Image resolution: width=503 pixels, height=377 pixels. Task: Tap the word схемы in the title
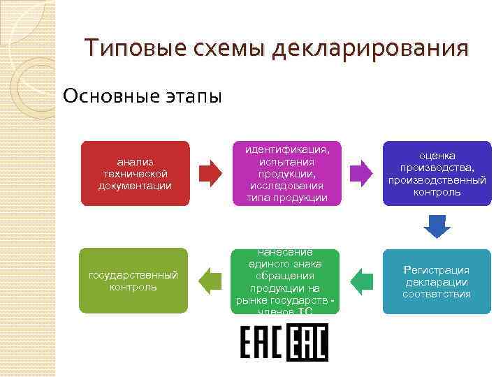226,49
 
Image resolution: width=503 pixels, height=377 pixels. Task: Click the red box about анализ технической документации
135,173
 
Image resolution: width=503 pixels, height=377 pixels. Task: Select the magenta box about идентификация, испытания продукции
286,174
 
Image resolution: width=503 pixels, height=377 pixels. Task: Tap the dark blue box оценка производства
437,173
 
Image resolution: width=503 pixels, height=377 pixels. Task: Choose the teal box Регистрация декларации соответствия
437,281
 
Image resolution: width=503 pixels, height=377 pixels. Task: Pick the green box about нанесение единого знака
286,281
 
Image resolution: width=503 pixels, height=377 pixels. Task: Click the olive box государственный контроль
134,281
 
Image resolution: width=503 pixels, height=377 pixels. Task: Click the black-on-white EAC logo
261,344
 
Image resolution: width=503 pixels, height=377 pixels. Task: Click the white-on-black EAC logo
307,344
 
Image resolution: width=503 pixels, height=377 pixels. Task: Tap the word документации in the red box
135,185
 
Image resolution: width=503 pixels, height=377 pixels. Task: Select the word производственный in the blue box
437,179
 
